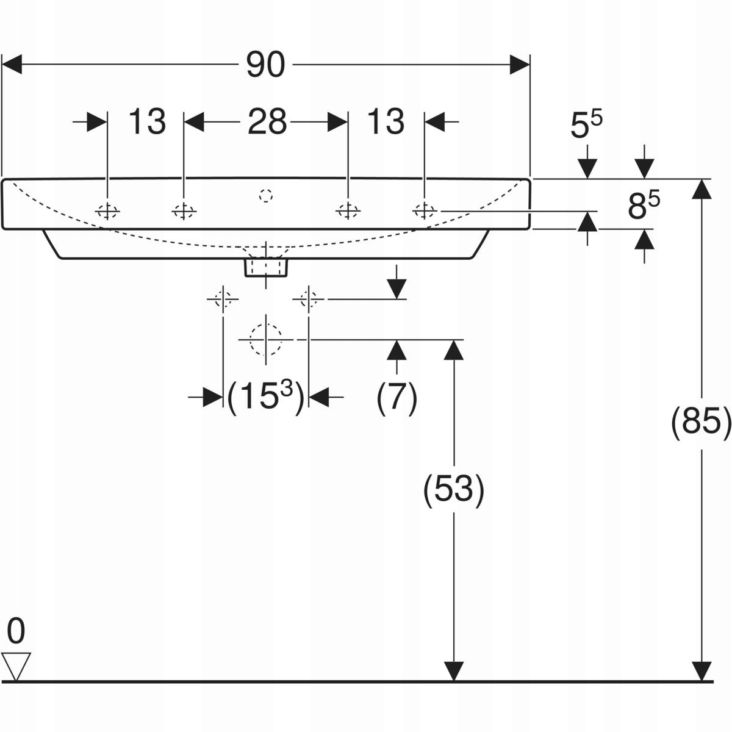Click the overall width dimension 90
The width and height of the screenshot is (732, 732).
click(x=265, y=65)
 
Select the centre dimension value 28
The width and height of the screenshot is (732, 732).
click(x=267, y=122)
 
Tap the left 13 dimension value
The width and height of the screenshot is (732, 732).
click(x=147, y=122)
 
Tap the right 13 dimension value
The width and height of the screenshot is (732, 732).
click(x=386, y=122)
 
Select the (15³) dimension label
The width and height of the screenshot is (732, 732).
click(x=265, y=398)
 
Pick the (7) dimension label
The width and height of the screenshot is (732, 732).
click(x=397, y=398)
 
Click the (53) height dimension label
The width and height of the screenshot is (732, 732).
click(x=454, y=489)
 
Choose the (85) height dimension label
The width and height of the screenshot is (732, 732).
click(x=701, y=422)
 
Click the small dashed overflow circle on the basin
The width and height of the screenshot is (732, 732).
click(x=265, y=196)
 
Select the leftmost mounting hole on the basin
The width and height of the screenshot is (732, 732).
click(x=107, y=211)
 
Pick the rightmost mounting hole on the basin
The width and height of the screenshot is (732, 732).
click(x=423, y=210)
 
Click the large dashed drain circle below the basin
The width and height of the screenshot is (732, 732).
click(x=265, y=339)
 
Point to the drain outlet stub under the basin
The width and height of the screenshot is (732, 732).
click(x=266, y=267)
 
